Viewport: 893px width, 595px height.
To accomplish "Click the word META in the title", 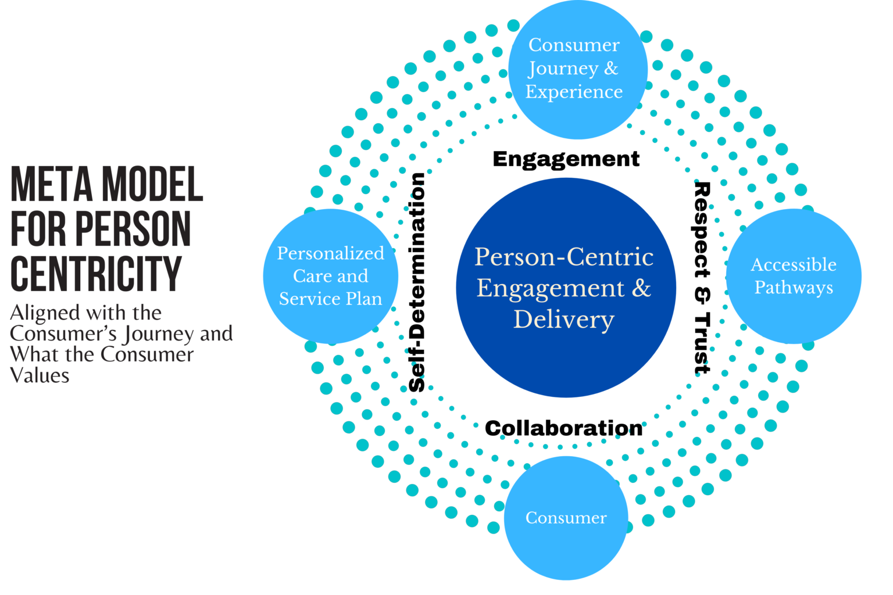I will click(52, 184).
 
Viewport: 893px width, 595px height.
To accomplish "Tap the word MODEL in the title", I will click(152, 184).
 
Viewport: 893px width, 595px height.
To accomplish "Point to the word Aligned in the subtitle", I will click(45, 313).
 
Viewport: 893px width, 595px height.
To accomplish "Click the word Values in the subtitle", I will click(40, 375).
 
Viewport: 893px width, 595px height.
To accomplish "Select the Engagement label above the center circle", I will click(566, 159).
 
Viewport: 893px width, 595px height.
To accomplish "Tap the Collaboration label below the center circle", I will click(563, 428).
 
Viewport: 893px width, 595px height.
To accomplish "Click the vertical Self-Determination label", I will click(417, 282).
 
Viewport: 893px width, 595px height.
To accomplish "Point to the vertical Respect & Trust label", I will click(702, 278).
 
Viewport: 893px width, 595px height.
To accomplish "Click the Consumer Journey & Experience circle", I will click(577, 70).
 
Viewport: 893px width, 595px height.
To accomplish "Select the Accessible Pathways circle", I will click(794, 276).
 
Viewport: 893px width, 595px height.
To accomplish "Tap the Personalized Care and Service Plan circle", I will click(330, 276).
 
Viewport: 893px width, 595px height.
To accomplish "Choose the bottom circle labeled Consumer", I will click(566, 518).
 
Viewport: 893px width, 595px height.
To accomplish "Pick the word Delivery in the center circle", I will click(563, 320).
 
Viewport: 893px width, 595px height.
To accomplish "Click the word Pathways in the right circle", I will click(794, 288).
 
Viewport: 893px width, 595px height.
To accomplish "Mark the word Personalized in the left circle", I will click(330, 253).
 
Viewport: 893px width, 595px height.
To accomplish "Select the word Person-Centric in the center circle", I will click(563, 257).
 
